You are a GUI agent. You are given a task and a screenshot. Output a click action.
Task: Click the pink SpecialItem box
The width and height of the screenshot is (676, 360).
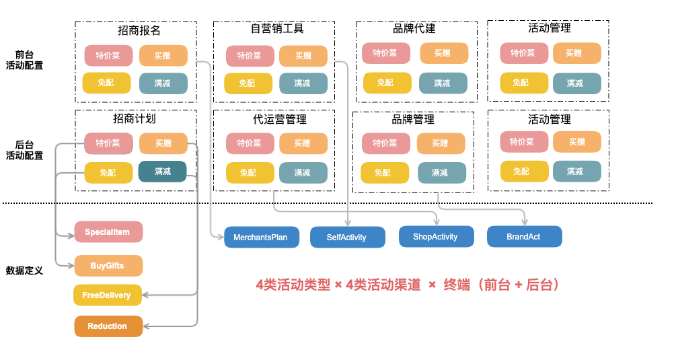click(108, 232)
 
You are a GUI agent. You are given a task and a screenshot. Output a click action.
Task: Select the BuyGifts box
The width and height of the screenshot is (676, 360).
click(108, 266)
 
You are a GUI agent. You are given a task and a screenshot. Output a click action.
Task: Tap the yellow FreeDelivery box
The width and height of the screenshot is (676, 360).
click(107, 295)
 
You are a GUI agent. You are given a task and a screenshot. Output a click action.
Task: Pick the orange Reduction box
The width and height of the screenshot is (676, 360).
click(108, 326)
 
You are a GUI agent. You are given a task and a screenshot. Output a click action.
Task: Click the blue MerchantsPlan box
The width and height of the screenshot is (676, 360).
click(260, 238)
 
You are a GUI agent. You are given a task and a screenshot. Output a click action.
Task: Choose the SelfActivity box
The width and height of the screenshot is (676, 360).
click(347, 238)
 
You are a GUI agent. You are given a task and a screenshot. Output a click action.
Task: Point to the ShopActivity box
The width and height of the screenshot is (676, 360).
click(435, 237)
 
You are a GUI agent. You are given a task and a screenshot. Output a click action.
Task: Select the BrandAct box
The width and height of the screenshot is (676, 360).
click(523, 237)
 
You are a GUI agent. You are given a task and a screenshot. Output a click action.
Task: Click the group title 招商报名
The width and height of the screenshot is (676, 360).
click(139, 31)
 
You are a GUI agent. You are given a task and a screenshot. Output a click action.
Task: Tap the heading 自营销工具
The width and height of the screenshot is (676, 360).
click(277, 29)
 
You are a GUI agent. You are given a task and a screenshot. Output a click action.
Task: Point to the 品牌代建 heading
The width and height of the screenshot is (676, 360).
click(414, 29)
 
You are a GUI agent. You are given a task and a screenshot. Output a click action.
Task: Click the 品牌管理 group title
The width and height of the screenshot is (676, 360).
click(413, 120)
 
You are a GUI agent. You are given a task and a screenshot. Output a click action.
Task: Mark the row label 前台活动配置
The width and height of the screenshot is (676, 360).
click(25, 60)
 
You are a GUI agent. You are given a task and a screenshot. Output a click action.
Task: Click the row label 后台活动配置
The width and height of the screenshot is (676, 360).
click(25, 149)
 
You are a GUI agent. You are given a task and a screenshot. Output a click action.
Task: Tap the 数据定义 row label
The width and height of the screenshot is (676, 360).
click(25, 271)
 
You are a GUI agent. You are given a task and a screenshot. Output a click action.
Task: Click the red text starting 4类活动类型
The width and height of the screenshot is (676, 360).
click(408, 285)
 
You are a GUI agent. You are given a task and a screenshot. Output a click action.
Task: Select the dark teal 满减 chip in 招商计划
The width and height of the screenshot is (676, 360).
click(162, 172)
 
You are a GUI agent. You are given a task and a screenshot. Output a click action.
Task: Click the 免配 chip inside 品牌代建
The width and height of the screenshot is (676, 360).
click(386, 83)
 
